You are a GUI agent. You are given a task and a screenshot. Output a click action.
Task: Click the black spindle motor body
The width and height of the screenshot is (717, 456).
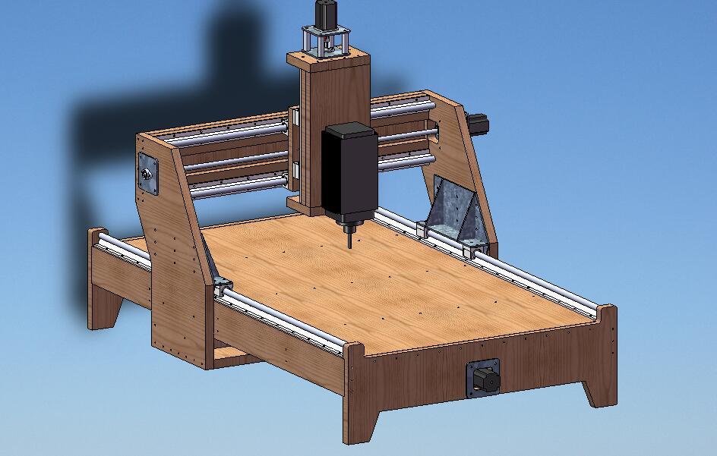(349, 171)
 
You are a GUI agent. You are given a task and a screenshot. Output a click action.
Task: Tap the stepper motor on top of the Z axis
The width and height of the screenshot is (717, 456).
(327, 14)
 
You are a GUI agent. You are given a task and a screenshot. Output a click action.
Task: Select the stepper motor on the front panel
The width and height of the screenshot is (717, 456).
(483, 378)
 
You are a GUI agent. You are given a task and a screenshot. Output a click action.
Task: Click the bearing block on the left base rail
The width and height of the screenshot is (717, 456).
(221, 287)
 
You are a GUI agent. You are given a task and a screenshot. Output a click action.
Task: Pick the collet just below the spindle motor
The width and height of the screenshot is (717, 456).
(349, 226)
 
